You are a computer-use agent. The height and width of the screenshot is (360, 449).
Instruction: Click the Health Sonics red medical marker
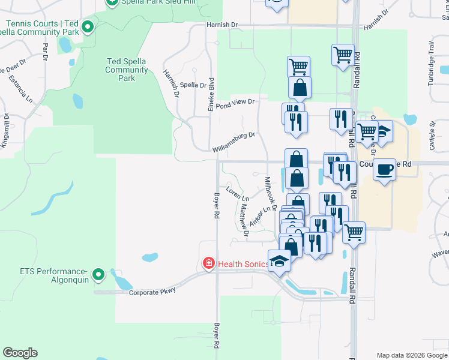[x=208, y=263]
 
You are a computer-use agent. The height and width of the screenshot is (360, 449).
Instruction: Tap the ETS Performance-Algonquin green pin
[x=100, y=275]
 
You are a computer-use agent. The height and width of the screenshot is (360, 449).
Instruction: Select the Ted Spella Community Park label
[x=127, y=70]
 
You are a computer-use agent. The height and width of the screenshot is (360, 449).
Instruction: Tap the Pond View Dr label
[x=236, y=103]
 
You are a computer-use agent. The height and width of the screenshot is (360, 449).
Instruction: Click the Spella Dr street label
[x=193, y=85]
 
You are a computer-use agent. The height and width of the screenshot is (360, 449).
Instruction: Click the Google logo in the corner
[x=20, y=353]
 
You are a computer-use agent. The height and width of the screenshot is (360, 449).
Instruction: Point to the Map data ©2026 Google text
[x=412, y=355]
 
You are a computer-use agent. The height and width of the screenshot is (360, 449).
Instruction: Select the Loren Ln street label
[x=237, y=193]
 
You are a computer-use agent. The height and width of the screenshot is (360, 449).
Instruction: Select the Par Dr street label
[x=45, y=52]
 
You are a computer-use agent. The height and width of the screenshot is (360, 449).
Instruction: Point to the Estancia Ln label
[x=23, y=88]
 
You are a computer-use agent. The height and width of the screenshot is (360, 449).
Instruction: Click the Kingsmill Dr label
[x=5, y=131]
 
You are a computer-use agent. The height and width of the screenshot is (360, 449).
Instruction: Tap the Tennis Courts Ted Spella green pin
[x=88, y=27]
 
